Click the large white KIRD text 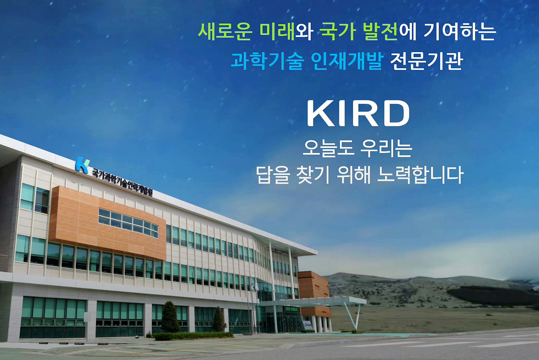[x=358, y=113]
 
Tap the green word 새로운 [x=225, y=32]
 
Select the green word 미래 [x=277, y=32]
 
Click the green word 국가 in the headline [x=338, y=32]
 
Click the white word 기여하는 [x=460, y=32]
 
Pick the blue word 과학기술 [x=267, y=61]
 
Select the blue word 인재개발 [x=347, y=61]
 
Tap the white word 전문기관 [x=426, y=61]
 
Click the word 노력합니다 [x=420, y=175]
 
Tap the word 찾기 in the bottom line [x=313, y=175]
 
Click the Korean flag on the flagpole [x=252, y=283]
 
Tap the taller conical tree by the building [x=170, y=317]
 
